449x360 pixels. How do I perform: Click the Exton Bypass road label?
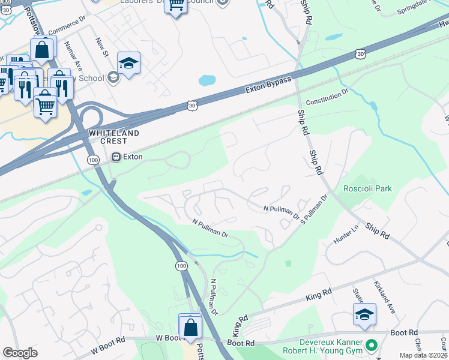pos(269,85)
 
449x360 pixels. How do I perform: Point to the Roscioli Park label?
pos(367,188)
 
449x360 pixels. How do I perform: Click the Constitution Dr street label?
pos(327,97)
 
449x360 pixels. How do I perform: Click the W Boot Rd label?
pos(108,347)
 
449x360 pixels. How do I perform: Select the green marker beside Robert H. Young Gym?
pos(371,346)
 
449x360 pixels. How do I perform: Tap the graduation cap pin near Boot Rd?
pos(364,314)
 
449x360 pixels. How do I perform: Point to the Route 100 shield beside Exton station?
pos(93,160)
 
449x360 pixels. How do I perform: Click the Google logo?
pos(20,353)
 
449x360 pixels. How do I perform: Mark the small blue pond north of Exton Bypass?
pos(206,80)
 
